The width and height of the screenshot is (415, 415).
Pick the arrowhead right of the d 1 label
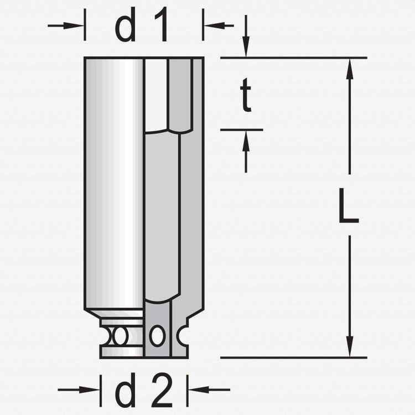212,25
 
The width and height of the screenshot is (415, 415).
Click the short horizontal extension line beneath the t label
241,130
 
